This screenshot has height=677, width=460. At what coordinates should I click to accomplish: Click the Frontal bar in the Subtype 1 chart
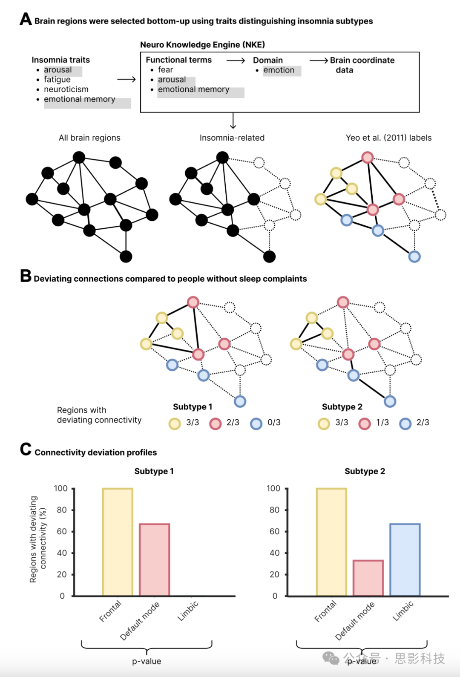click(118, 542)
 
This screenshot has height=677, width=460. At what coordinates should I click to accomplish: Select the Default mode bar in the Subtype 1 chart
click(155, 559)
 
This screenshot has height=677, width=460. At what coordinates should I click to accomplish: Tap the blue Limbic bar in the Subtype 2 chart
click(405, 559)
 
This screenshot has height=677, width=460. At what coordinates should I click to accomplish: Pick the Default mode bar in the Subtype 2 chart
click(368, 578)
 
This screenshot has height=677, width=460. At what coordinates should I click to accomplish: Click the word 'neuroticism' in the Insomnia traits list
click(66, 89)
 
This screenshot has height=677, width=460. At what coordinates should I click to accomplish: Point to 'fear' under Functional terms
click(165, 70)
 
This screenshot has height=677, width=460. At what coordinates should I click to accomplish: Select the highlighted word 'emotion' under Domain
click(279, 70)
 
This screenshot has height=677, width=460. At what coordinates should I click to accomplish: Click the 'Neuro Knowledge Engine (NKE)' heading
click(202, 45)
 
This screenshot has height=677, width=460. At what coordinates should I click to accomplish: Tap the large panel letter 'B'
click(26, 276)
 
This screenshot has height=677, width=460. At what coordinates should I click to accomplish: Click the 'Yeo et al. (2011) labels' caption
click(388, 138)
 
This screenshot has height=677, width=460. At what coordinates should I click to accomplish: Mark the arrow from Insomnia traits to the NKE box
click(126, 79)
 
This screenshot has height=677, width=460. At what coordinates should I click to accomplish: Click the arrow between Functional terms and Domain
click(236, 60)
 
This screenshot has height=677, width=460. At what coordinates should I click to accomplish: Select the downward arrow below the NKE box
click(233, 121)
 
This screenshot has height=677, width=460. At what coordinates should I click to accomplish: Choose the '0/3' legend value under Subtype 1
click(274, 423)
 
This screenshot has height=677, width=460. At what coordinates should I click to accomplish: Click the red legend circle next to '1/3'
click(365, 423)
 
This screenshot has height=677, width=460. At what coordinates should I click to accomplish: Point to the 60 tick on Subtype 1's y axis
click(62, 531)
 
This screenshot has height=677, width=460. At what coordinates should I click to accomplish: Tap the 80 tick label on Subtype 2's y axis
click(275, 510)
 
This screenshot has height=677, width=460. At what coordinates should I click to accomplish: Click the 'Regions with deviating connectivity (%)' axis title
click(38, 539)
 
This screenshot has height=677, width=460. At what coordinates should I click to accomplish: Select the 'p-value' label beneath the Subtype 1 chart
click(147, 661)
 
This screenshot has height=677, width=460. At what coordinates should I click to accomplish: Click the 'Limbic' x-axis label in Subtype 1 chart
click(188, 611)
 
